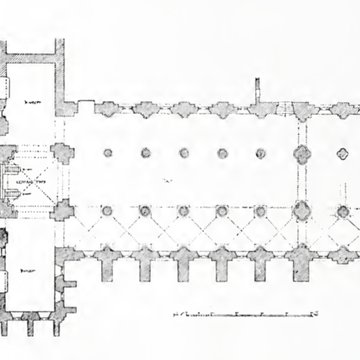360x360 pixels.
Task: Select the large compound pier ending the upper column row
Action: (x=300, y=154)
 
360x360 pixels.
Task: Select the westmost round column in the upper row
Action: (x=105, y=154)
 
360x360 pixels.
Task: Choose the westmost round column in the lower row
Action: (x=105, y=211)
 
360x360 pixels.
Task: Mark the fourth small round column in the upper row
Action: (x=260, y=154)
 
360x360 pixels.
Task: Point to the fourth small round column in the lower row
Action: (x=260, y=211)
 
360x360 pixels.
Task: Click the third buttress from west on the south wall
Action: (x=184, y=269)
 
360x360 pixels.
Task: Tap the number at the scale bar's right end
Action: (x=299, y=313)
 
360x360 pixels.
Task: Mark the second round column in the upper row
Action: (x=145, y=154)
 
